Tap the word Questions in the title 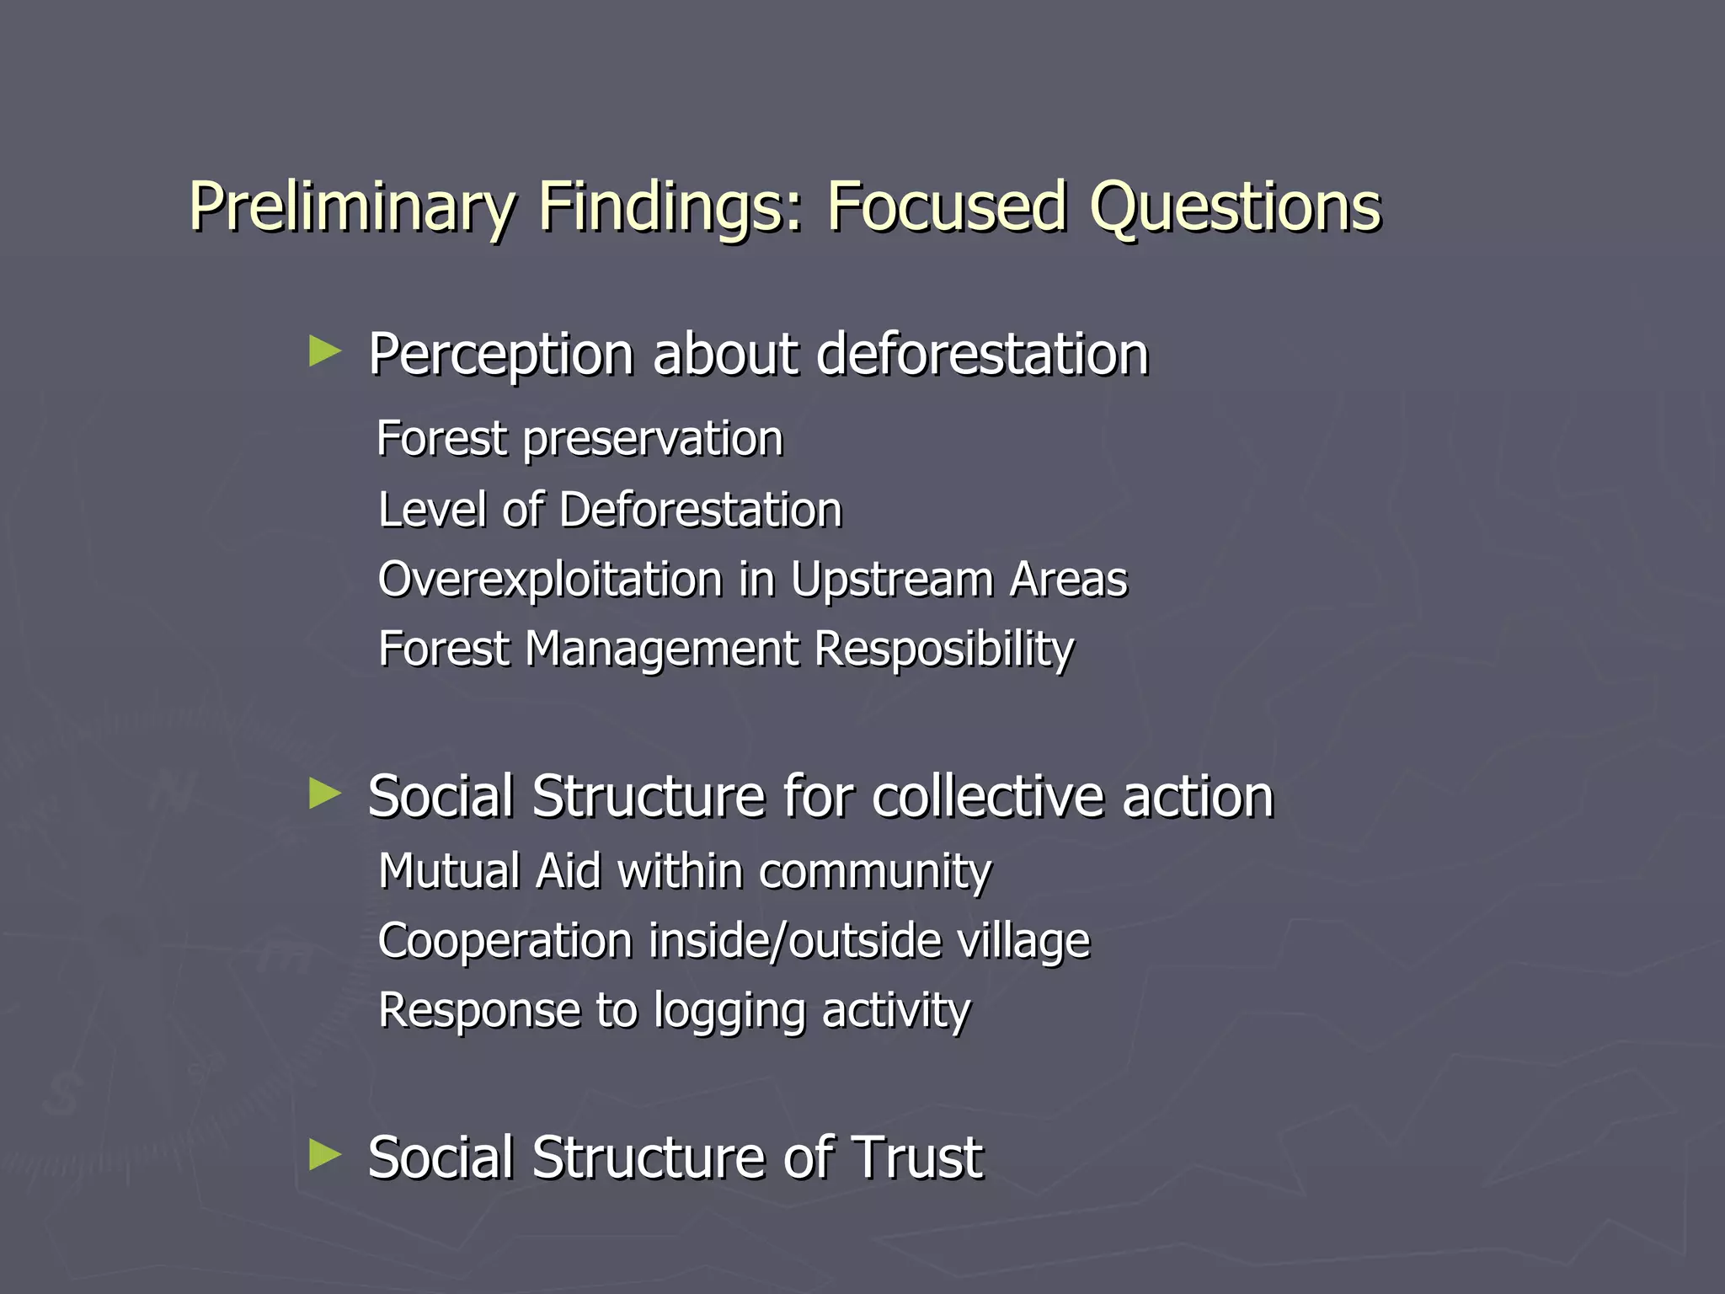(1235, 207)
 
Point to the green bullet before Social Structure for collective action (325, 794)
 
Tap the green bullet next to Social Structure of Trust (325, 1154)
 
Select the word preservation (653, 440)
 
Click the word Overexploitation (550, 580)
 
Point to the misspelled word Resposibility (944, 650)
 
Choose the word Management (661, 650)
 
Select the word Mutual (449, 870)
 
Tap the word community (874, 872)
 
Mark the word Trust (916, 1157)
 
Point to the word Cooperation (505, 940)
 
